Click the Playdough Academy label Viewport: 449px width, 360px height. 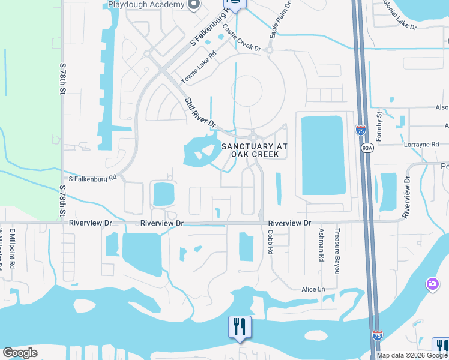coord(146,5)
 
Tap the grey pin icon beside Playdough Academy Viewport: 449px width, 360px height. coord(193,6)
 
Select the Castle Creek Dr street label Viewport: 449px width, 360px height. coord(241,38)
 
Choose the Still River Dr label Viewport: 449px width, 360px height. coord(200,112)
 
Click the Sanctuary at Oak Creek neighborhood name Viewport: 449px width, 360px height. coord(255,150)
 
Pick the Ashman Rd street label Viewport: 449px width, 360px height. coord(321,245)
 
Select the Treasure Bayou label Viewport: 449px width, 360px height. coord(337,251)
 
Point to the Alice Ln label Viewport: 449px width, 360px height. coord(313,289)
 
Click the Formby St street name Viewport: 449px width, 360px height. coord(379,122)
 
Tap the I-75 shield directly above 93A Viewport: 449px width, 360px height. coord(360,130)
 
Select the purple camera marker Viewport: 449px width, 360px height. coord(432,284)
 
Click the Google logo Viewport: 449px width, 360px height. coord(20,353)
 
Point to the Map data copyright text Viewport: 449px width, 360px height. coord(411,355)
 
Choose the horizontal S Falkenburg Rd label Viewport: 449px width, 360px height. coord(92,178)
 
